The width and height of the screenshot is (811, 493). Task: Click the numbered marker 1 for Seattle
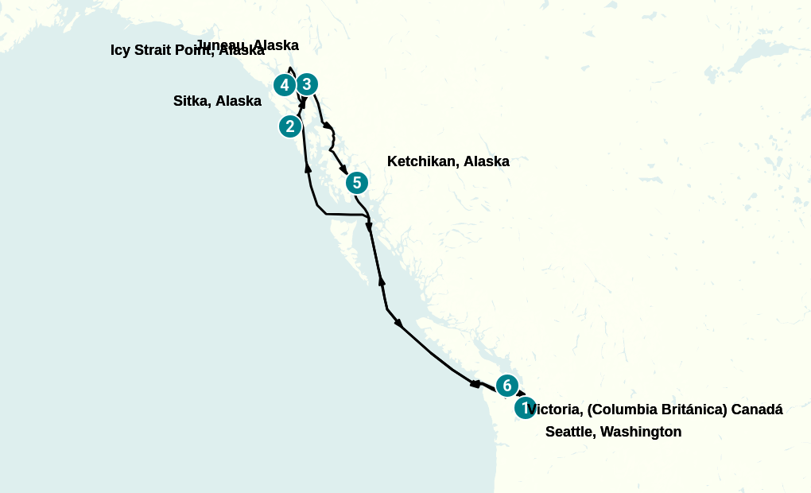525,408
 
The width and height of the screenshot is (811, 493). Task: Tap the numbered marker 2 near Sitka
290,126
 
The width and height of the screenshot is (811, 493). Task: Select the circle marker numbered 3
307,84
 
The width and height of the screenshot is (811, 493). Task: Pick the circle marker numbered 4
285,84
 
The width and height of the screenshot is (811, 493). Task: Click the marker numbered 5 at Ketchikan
357,183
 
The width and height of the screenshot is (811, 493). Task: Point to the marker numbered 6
507,386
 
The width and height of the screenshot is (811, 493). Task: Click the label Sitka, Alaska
217,101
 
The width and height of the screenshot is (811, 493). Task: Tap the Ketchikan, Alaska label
448,161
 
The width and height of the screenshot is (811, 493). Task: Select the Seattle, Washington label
613,432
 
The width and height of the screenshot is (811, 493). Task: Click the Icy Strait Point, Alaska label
187,51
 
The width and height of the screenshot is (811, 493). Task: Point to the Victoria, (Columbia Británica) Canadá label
655,410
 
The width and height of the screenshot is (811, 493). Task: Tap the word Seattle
569,432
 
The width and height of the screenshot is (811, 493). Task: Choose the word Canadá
757,410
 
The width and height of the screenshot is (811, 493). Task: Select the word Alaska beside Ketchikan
487,161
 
